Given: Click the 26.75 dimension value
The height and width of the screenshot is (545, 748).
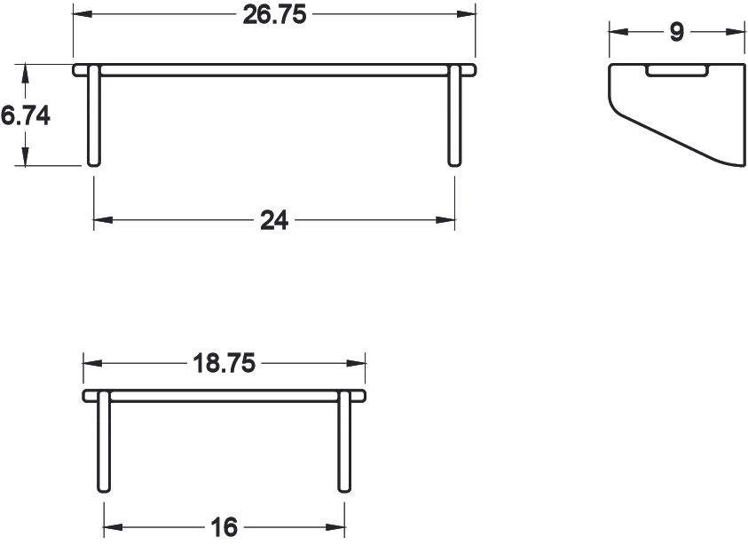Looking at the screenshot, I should [273, 15].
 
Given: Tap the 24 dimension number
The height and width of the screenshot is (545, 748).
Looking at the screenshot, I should [274, 220].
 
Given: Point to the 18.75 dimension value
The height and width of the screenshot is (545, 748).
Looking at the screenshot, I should [224, 363].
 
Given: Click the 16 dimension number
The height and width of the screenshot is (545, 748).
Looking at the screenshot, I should [224, 527].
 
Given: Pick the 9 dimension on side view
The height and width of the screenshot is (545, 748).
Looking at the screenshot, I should [676, 33].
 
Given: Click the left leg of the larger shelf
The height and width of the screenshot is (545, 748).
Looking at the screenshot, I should [93, 115].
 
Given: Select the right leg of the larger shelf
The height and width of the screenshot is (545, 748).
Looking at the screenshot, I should [454, 115].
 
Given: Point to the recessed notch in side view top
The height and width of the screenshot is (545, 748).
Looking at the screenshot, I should [676, 70].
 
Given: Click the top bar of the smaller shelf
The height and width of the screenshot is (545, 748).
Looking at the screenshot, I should [224, 395].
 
